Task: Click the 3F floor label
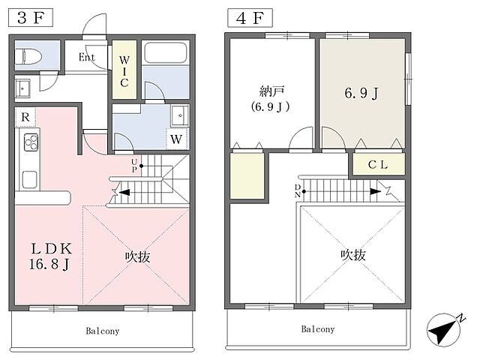(x=25, y=16)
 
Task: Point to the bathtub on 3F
(x=166, y=55)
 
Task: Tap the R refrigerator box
(x=25, y=117)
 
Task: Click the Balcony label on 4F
(x=318, y=329)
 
